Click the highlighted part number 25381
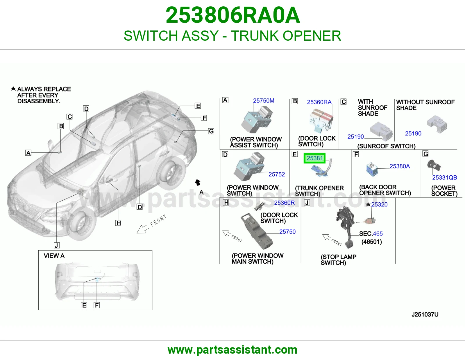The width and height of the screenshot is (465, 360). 314,158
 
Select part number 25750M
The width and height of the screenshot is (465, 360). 264,101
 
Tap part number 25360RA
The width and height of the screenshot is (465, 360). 319,102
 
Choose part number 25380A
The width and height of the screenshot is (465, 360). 400,166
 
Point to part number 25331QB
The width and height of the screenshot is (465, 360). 444,177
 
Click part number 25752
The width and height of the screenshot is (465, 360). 277,174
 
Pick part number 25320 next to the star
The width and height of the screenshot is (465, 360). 379,205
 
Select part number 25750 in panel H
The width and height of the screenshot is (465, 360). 287,232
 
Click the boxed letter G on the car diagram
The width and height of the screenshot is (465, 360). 211,131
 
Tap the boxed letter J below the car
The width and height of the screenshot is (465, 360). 56,245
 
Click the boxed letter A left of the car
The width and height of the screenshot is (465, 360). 28,153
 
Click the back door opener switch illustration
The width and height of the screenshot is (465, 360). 372,169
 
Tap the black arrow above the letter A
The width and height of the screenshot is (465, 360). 198,182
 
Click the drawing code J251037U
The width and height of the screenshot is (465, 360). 425,314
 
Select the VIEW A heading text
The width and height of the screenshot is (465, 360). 54,256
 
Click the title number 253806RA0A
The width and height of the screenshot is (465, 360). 233,15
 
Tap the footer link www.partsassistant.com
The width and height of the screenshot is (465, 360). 233,350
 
